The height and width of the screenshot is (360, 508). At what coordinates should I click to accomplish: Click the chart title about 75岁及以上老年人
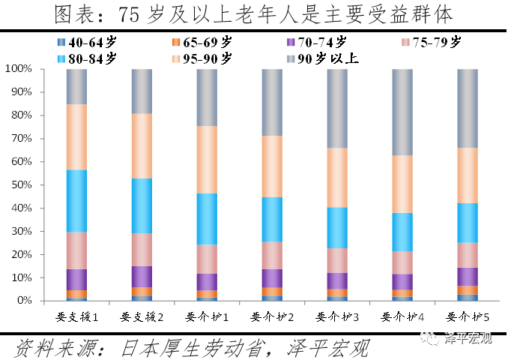pyautogui.click(x=253, y=15)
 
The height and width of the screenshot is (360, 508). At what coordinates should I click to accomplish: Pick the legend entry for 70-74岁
pyautogui.click(x=318, y=42)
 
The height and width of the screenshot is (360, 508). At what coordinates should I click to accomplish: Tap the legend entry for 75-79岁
pyautogui.click(x=434, y=42)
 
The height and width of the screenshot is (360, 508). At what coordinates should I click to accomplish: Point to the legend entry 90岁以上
pyautogui.click(x=323, y=57)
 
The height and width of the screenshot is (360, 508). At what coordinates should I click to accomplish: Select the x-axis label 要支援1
pyautogui.click(x=77, y=316)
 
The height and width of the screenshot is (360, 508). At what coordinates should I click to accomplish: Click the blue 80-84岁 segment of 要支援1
pyautogui.click(x=77, y=201)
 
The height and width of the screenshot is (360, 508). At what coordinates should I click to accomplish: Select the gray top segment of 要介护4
pyautogui.click(x=402, y=112)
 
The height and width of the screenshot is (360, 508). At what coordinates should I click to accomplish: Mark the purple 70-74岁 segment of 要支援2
pyautogui.click(x=142, y=277)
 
